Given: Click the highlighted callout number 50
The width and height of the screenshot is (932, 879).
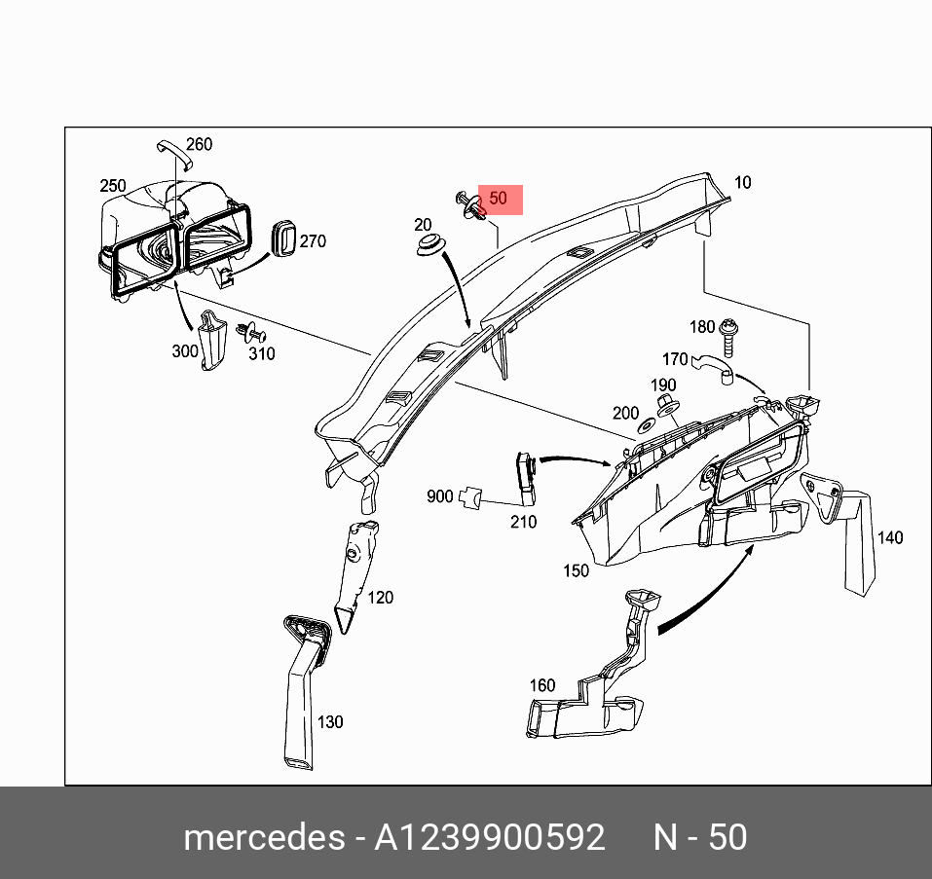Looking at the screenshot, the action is (x=499, y=199).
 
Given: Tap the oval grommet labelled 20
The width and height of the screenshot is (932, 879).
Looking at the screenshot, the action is (x=426, y=245).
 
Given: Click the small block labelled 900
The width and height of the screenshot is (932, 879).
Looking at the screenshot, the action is (x=471, y=496).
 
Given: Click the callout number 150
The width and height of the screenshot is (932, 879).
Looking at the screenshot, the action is (x=576, y=571).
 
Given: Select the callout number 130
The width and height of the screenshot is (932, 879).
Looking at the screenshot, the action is (x=330, y=722).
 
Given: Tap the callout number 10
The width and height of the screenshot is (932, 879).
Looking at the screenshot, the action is (x=743, y=183).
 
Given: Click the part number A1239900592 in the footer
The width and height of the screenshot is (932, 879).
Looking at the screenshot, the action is (x=490, y=837).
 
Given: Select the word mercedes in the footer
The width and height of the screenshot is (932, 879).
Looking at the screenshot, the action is (x=263, y=837).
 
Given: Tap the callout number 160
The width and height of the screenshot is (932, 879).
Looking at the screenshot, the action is (x=542, y=685).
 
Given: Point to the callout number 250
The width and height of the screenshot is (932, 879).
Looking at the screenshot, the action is (x=113, y=186).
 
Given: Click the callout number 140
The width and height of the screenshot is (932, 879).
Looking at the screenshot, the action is (x=890, y=537).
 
